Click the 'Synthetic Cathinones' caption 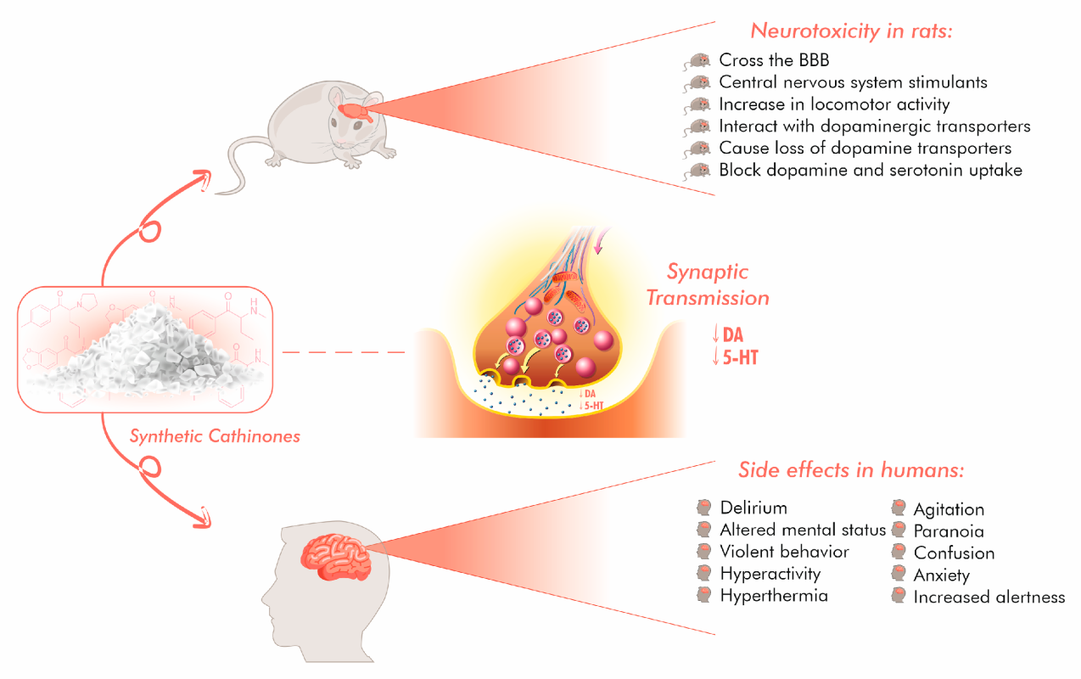[215, 437]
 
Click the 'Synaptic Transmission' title [707, 285]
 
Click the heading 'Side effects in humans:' [852, 470]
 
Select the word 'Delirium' [753, 508]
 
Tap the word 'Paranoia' [949, 531]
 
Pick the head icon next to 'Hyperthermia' [703, 594]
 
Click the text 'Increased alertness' [989, 598]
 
